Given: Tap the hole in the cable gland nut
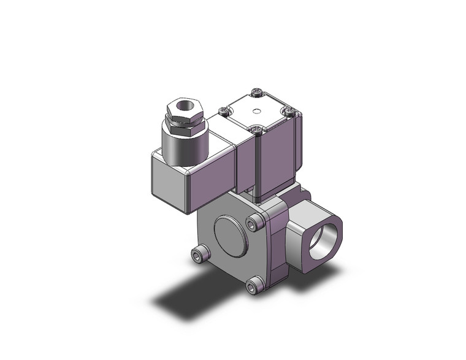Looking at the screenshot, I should coord(183,105).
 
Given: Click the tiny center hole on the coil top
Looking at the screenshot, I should coord(257,111).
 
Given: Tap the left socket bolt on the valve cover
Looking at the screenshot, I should coord(199,253).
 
